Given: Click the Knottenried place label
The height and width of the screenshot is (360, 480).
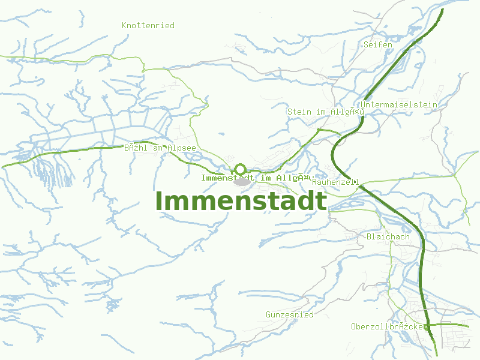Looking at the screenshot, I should [x=148, y=25].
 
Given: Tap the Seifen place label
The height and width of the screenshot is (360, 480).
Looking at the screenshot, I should [x=378, y=44].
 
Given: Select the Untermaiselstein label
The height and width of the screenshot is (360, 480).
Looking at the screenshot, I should [x=400, y=104].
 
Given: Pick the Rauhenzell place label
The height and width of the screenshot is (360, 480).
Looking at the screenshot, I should [x=335, y=181].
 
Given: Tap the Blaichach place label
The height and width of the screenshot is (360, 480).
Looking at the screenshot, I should [x=388, y=236].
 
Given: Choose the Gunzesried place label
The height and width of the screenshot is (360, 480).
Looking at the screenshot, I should [x=290, y=314].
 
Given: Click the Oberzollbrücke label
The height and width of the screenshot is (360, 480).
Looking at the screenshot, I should [x=388, y=326].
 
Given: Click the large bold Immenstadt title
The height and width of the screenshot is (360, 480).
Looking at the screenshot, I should [x=242, y=201].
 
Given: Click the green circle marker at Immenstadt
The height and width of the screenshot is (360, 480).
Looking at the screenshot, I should [x=240, y=169].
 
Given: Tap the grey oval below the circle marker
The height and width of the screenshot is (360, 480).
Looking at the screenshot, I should [x=242, y=181].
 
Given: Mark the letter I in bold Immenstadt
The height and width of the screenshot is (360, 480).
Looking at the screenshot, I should [x=159, y=201].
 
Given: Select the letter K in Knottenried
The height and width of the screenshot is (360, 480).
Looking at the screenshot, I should [x=124, y=25].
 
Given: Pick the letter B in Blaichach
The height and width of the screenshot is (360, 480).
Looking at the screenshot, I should [x=368, y=236].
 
